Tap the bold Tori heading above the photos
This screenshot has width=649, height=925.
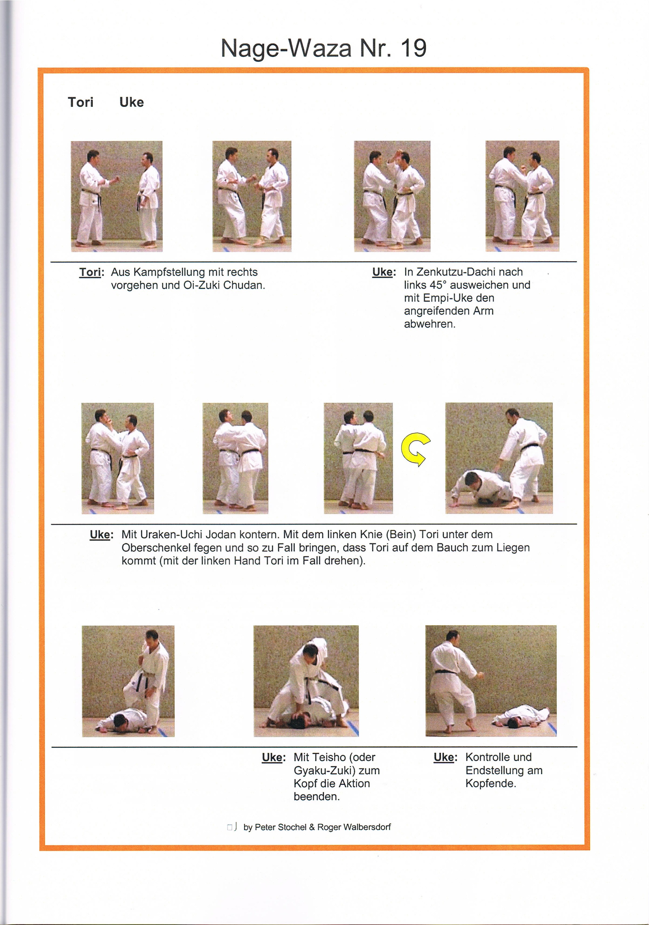(x=81, y=102)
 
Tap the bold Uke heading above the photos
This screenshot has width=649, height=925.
(x=131, y=102)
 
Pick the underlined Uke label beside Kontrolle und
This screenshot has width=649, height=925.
(x=445, y=757)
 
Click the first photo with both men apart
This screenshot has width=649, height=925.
(x=116, y=196)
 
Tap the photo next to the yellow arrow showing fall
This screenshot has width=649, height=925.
(x=499, y=458)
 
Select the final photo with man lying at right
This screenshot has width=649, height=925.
(x=491, y=681)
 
